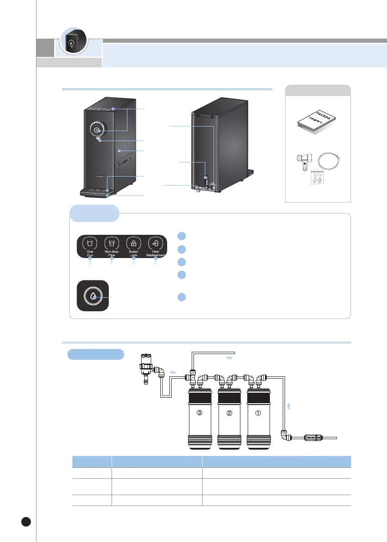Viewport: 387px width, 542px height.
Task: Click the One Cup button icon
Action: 90,242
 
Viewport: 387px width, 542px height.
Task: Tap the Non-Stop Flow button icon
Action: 112,242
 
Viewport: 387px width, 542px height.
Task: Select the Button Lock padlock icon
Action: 133,242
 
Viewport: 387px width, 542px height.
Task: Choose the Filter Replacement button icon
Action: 155,242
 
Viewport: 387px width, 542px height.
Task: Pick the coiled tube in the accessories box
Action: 329,161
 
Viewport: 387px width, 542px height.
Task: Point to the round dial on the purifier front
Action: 97,130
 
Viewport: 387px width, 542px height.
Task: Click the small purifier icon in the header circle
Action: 72,43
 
